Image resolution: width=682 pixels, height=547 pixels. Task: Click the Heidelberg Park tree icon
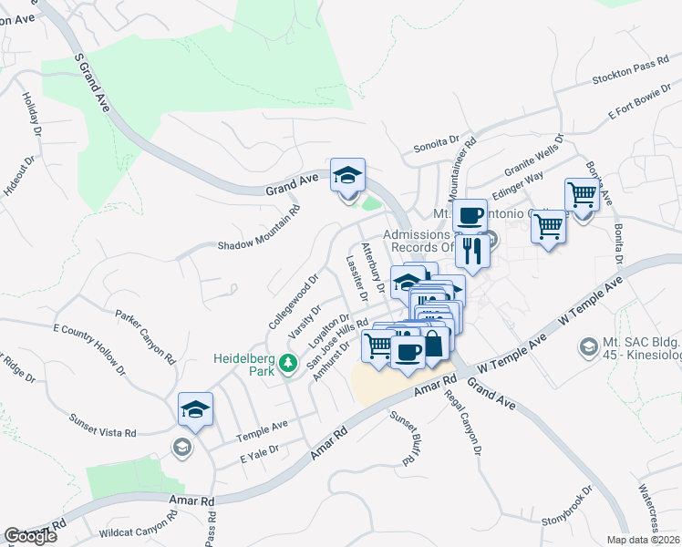289,364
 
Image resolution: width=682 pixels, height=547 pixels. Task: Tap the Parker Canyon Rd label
145,336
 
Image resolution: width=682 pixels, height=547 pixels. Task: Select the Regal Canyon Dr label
463,418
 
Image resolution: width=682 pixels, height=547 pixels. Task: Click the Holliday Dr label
31,116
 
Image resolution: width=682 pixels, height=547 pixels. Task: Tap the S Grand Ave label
92,83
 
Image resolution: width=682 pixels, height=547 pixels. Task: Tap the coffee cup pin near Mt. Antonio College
470,216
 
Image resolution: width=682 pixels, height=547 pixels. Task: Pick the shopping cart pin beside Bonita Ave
582,195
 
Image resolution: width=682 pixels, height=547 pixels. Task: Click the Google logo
30,536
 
